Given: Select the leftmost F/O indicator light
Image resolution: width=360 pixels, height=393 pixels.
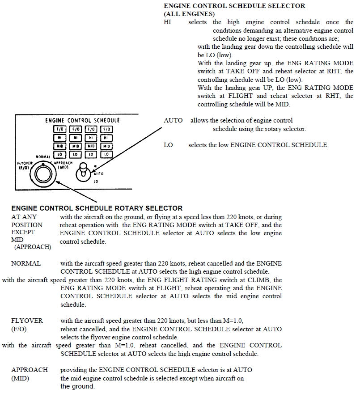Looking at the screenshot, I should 60,130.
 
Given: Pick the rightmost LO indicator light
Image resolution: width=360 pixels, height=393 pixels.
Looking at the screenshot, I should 106,154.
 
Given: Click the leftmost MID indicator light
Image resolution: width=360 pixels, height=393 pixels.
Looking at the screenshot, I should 60,146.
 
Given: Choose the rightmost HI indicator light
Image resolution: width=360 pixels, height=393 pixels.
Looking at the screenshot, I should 106,138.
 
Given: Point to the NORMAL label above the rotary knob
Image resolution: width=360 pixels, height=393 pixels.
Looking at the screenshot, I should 44,157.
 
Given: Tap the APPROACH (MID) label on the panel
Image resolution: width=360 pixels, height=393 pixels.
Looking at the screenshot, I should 63,165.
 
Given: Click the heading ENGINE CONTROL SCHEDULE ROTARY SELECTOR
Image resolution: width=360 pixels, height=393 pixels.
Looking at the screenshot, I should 97,208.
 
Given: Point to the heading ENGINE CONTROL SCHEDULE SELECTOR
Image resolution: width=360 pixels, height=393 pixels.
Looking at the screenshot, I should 235,6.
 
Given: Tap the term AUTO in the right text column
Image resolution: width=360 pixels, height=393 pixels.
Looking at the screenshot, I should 173,120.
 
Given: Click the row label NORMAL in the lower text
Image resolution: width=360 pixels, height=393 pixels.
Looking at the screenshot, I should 26,263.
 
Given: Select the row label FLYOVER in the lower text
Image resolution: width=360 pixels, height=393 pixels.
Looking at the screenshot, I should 27,321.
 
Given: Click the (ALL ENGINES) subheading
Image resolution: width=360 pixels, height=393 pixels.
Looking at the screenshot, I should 189,14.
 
